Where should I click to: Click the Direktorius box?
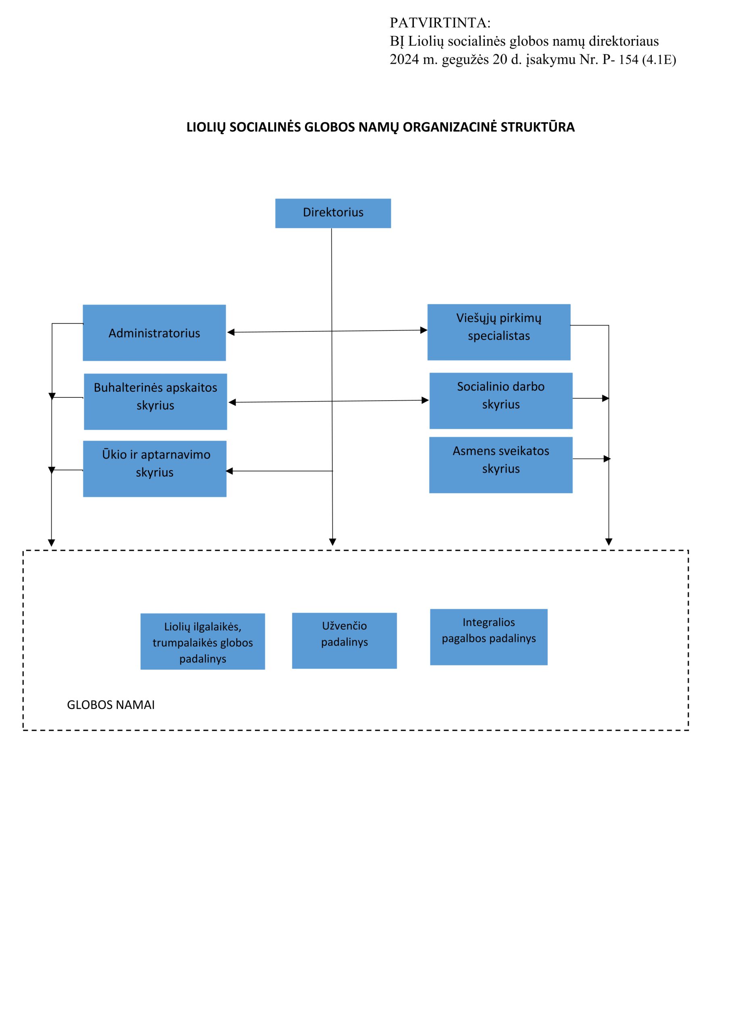tap(333, 213)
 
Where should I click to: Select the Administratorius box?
tap(154, 332)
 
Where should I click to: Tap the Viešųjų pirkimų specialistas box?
tap(499, 332)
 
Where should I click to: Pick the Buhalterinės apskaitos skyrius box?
tap(155, 401)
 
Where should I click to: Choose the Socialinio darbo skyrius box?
tap(501, 400)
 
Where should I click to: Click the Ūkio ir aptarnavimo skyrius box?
tap(155, 469)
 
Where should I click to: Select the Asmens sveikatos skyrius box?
tap(501, 465)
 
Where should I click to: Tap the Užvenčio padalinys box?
tap(344, 641)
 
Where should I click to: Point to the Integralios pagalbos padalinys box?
tap(488, 637)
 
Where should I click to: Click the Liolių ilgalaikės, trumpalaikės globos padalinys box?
tap(202, 642)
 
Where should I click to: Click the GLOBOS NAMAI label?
tap(111, 705)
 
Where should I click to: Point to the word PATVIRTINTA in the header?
tap(440, 23)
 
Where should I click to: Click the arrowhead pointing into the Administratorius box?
tap(231, 332)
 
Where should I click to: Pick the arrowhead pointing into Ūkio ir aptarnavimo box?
tap(229, 471)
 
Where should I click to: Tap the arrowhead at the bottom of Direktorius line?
tap(332, 542)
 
